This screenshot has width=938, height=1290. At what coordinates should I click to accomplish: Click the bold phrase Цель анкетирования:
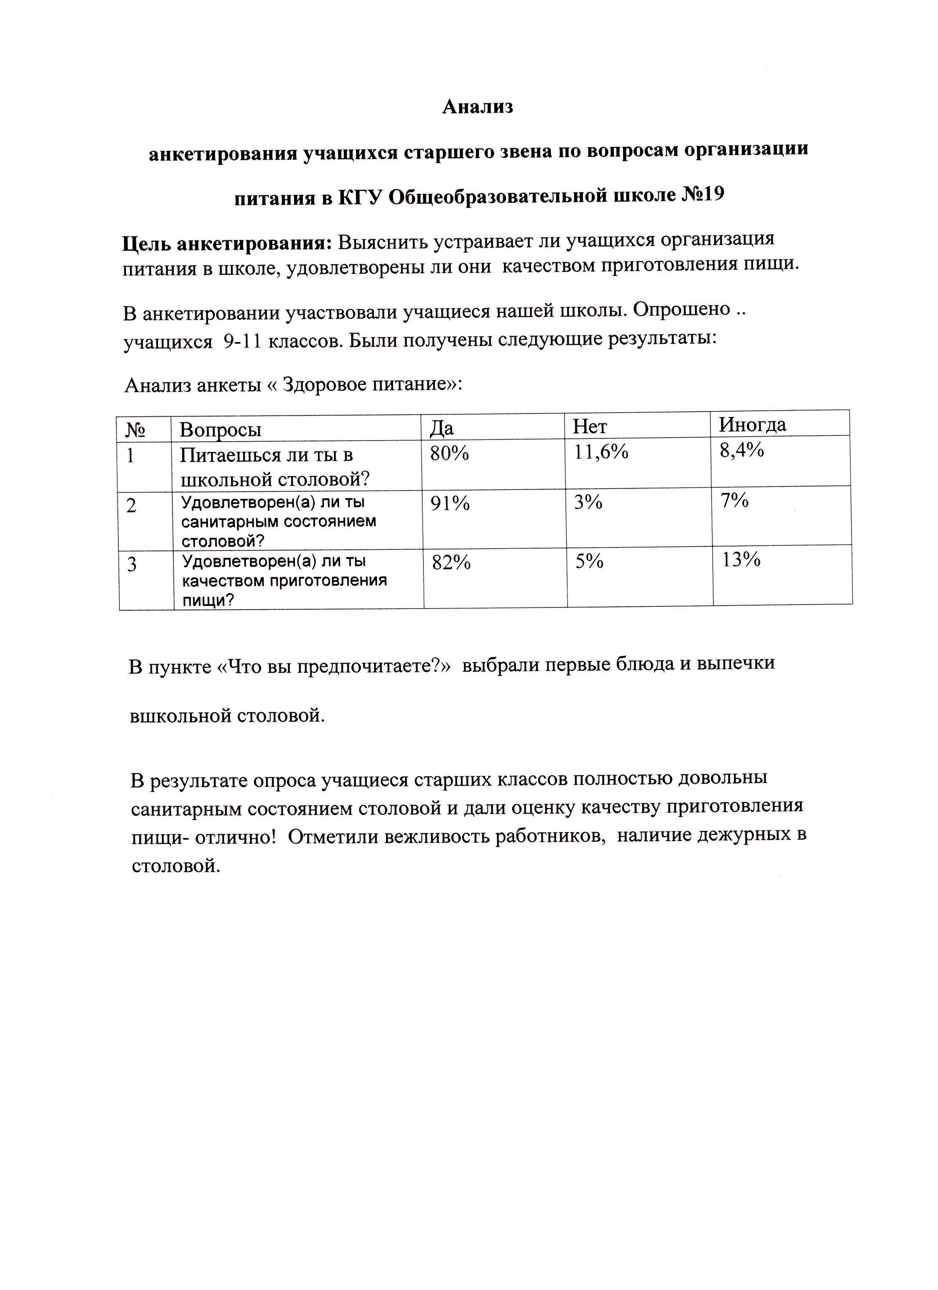coord(227,244)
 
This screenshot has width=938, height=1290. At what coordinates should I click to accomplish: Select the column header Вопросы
coord(220,429)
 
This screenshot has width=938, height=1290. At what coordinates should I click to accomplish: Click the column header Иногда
coord(752,424)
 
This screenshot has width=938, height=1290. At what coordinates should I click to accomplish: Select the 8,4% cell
coord(741,450)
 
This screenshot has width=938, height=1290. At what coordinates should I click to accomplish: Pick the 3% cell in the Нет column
coord(588,502)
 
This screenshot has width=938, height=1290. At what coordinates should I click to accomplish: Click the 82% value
coord(451,563)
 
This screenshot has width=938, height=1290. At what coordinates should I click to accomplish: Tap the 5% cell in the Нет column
coord(589,562)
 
